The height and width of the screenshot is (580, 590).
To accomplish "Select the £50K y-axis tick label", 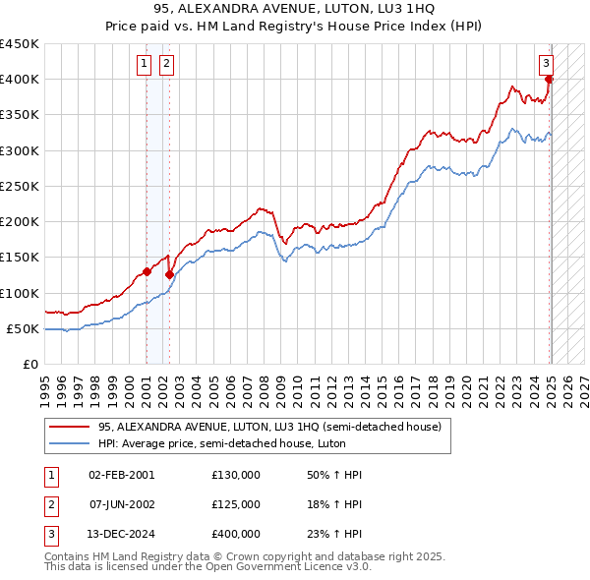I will pos(24,328).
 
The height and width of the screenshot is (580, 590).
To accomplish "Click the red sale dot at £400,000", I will pos(549,80).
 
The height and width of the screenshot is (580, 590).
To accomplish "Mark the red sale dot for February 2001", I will pos(147,271).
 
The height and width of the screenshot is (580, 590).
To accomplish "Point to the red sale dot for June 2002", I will pos(169,275).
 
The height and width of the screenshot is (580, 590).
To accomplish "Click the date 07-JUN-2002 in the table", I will pos(122,504).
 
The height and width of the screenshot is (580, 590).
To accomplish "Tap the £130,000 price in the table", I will pos(236,475).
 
